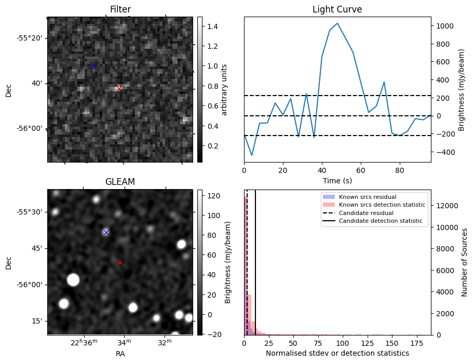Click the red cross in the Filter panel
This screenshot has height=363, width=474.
[x=119, y=88]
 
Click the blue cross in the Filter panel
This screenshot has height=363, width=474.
[x=94, y=68]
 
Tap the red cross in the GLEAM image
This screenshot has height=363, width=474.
[x=120, y=262]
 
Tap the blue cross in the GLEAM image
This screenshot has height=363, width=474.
[x=106, y=232]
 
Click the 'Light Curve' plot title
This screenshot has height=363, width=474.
[x=337, y=9]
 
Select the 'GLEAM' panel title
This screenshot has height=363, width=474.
[x=120, y=182]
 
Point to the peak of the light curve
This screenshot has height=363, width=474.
[x=337, y=23]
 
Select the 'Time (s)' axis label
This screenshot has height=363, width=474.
[x=337, y=180]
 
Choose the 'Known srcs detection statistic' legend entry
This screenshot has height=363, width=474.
[x=382, y=205]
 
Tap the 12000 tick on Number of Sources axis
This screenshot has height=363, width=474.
[x=445, y=205]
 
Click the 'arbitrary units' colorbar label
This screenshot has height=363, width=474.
[x=224, y=89]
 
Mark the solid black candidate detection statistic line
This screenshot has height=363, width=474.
[x=255, y=270]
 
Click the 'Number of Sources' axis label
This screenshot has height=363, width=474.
[x=465, y=262]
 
